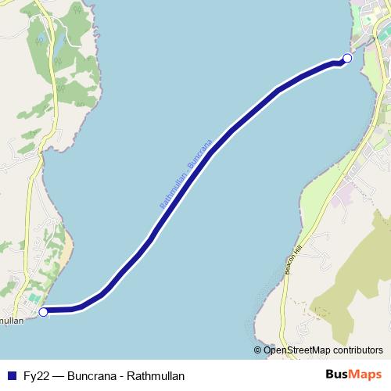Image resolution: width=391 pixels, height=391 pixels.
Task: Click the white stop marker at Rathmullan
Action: pos(44,311)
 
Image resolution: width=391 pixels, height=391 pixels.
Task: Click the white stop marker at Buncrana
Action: pos(347,58)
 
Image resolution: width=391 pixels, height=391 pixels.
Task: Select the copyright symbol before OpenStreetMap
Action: pos(258,350)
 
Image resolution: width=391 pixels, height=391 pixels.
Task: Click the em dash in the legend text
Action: pos(59,375)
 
